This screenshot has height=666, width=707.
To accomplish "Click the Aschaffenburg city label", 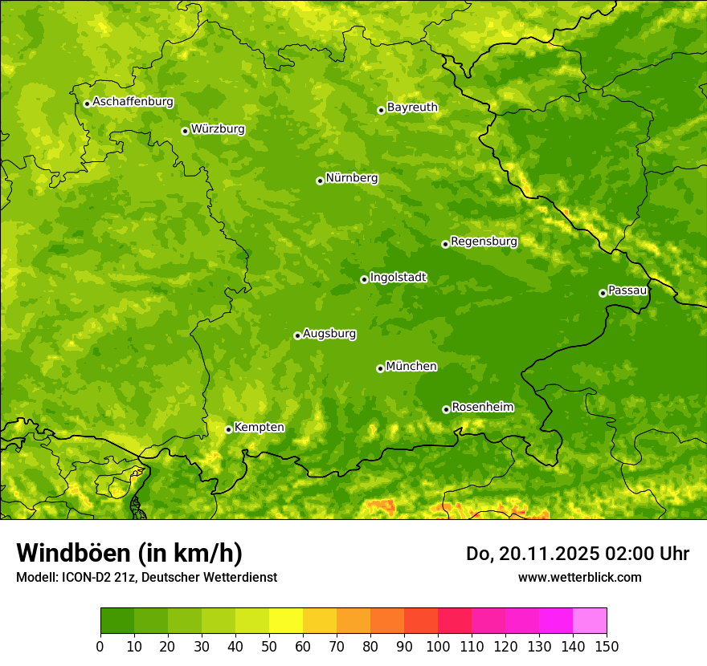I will [x=133, y=102].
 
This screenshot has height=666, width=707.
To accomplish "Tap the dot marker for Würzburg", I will [x=185, y=131].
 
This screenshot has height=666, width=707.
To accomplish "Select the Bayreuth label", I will [x=412, y=108].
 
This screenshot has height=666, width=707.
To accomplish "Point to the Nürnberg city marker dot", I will [x=320, y=181].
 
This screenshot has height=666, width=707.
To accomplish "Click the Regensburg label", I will [x=484, y=242].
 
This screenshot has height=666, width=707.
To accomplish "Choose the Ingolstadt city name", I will [x=398, y=278].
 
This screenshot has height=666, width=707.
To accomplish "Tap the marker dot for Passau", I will [x=603, y=293].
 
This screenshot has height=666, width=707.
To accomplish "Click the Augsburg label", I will [x=329, y=334].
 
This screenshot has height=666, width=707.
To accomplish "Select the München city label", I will [x=411, y=367].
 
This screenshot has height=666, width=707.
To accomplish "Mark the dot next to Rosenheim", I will [x=446, y=409].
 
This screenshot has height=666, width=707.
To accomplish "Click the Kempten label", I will [x=259, y=428].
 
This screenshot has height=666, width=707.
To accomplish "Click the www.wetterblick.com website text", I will [x=579, y=577].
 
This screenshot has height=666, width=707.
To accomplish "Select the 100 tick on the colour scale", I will [x=438, y=645].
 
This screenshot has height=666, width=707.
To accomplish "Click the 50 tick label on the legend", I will [x=269, y=645].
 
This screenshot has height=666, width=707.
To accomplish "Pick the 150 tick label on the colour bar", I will [x=607, y=645].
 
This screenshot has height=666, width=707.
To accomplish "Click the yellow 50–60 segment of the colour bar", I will [x=286, y=621].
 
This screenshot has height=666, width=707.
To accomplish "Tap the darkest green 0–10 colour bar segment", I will [x=117, y=621].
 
